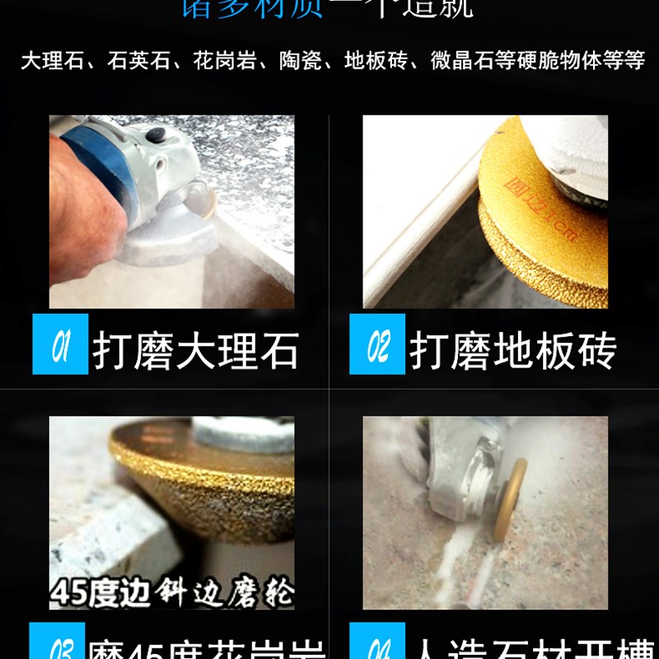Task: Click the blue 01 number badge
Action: click(60, 344)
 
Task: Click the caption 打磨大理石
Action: click(195, 350)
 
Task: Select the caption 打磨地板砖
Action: click(512, 350)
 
